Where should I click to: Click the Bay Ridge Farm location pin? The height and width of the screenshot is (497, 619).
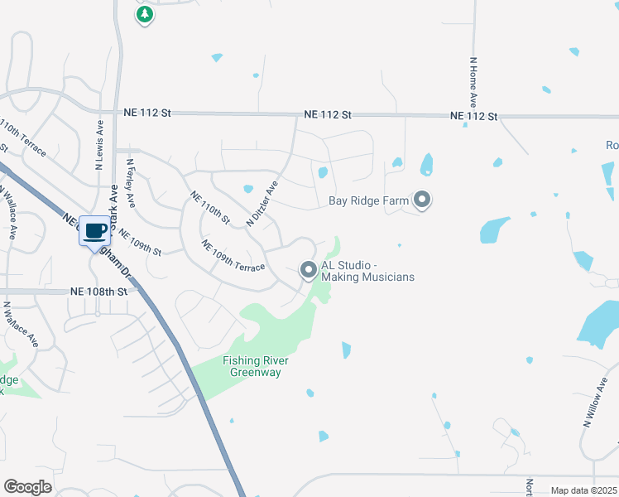coord(422,200)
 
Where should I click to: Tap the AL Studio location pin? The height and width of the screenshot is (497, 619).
coord(309,269)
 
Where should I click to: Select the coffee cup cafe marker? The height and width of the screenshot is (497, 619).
coord(94,231)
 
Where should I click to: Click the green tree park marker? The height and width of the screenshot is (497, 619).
coord(145,14)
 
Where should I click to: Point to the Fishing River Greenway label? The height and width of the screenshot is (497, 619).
coord(252,366)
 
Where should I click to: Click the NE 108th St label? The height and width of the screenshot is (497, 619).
coord(99,292)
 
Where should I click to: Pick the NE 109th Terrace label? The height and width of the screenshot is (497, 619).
coord(233,256)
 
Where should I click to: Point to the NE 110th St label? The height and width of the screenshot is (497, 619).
coord(209,209)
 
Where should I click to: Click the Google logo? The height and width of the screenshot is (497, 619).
coord(27,487)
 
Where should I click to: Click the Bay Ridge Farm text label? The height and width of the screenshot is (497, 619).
coord(370,200)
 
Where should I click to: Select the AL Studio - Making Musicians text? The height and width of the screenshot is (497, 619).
coord(362,271)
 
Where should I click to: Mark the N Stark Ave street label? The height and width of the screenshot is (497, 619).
coord(116,199)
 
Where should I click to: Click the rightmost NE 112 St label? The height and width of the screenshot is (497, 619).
coord(473,117)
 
